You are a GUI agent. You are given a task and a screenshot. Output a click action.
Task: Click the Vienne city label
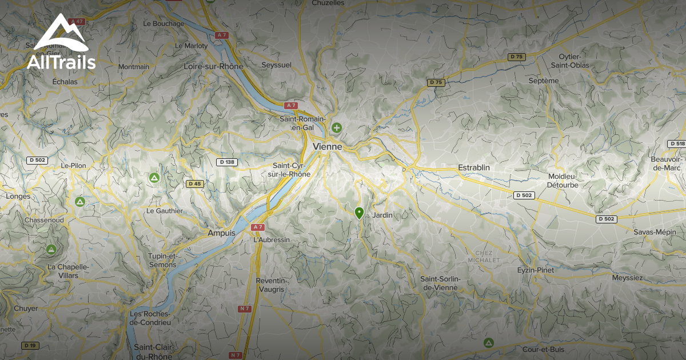tap(328, 147)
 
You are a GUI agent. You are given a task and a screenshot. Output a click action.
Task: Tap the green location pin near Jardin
tap(359, 213)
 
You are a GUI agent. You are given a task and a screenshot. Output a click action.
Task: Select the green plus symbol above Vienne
tap(337, 127)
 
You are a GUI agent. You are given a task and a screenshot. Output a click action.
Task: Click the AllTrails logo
tap(61, 43)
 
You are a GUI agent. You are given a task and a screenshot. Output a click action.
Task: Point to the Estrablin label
tap(474, 167)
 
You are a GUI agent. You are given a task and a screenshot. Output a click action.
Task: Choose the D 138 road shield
tap(227, 162)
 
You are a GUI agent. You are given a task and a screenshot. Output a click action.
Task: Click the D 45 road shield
tap(194, 183)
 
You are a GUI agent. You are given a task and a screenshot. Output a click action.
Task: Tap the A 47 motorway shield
tap(77, 22)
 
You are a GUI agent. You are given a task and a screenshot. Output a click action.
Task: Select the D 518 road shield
tap(676, 143)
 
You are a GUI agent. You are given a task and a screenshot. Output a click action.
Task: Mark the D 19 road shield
tap(30, 345)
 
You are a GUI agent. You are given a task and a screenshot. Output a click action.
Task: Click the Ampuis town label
tap(221, 233)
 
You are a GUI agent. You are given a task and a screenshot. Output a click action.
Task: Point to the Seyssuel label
tap(276, 65)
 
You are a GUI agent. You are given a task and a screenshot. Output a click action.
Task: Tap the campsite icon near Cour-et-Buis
tap(488, 342)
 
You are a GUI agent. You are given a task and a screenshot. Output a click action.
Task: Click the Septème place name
tap(544, 81)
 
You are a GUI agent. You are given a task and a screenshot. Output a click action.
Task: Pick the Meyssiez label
tap(627, 278)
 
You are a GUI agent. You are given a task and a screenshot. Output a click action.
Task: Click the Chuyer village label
tap(26, 309)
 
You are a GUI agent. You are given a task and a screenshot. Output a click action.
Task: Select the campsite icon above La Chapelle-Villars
tap(51, 249)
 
